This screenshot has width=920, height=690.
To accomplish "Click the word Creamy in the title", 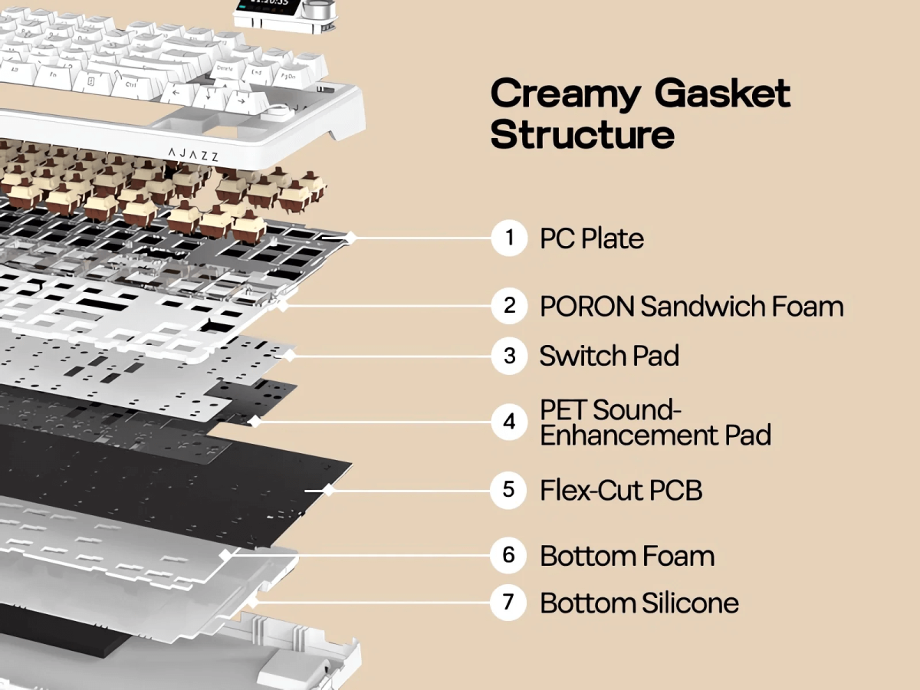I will point(564,94).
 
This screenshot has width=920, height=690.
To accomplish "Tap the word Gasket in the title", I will point(722,94).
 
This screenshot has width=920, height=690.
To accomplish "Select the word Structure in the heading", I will point(583,134).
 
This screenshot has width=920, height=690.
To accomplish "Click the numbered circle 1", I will point(509,238).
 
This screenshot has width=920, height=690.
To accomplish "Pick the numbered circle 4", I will point(509,422).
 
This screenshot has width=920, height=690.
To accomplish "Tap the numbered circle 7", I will point(508,603).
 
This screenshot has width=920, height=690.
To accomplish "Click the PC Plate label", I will point(591,238).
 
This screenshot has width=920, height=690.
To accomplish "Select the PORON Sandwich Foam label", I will point(691,307).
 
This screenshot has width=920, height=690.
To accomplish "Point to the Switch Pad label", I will point(609,356).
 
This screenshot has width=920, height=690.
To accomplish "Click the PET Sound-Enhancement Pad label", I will point(655,422).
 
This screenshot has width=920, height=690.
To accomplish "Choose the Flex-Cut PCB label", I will point(621,490).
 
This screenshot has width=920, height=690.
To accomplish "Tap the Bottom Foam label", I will point(626,556).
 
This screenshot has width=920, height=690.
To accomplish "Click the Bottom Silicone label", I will point(639,603).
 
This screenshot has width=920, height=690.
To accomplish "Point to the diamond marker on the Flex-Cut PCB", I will point(328,489).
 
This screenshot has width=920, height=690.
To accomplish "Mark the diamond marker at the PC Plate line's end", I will point(350,238).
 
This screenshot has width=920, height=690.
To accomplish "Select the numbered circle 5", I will point(509,489).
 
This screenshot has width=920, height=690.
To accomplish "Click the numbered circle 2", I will point(509,307).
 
